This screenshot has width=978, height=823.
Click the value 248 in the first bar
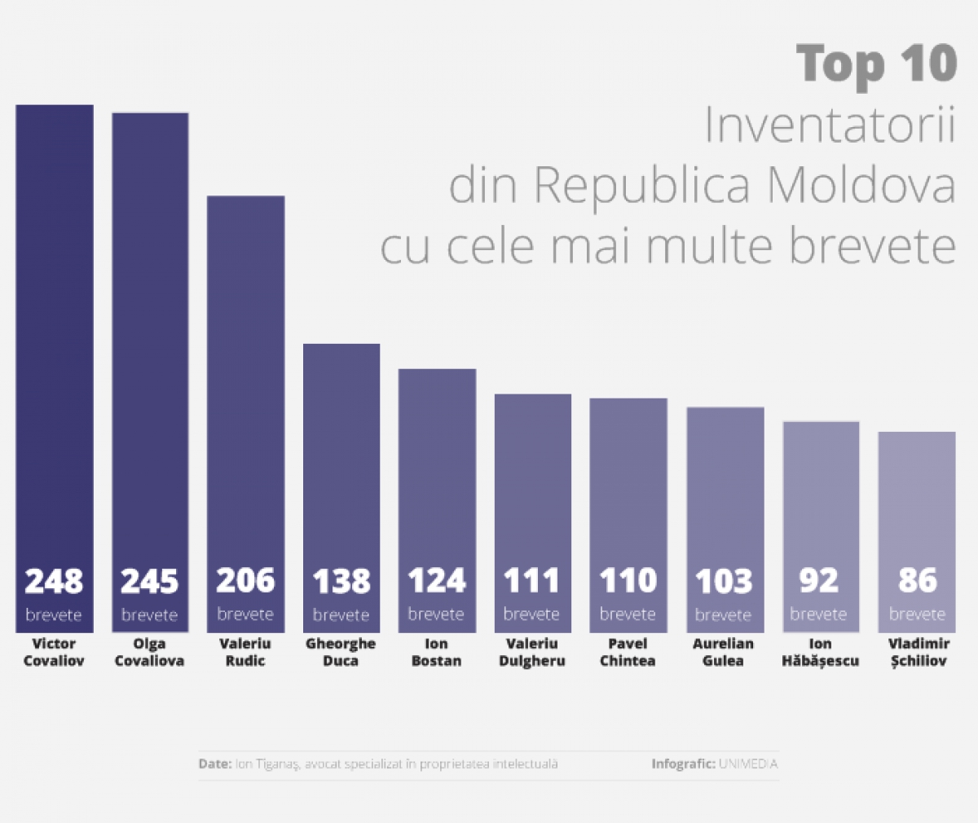[x=54, y=582]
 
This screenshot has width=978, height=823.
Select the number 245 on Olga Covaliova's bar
[x=150, y=582]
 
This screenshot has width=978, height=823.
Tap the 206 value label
[x=245, y=581]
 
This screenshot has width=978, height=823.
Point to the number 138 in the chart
[x=341, y=582]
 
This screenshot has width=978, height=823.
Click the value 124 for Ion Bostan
[x=437, y=581]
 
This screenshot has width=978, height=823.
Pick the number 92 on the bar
[x=819, y=581]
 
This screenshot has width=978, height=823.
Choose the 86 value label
[x=917, y=581]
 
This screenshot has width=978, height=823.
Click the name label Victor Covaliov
[x=54, y=652]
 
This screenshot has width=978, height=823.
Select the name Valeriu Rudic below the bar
[x=245, y=652]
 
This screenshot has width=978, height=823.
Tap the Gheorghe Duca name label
[x=341, y=652]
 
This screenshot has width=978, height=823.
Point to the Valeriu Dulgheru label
[x=532, y=652]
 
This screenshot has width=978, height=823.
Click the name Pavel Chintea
[x=628, y=652]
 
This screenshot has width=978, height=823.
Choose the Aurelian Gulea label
[x=724, y=652]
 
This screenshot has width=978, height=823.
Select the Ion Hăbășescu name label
[x=820, y=652]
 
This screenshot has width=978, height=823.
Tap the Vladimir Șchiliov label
[x=918, y=652]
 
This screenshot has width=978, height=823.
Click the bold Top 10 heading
[x=876, y=63]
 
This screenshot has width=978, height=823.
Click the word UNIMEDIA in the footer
[x=748, y=764]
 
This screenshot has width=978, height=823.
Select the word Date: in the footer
[x=214, y=764]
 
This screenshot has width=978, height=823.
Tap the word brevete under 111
[x=531, y=614]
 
